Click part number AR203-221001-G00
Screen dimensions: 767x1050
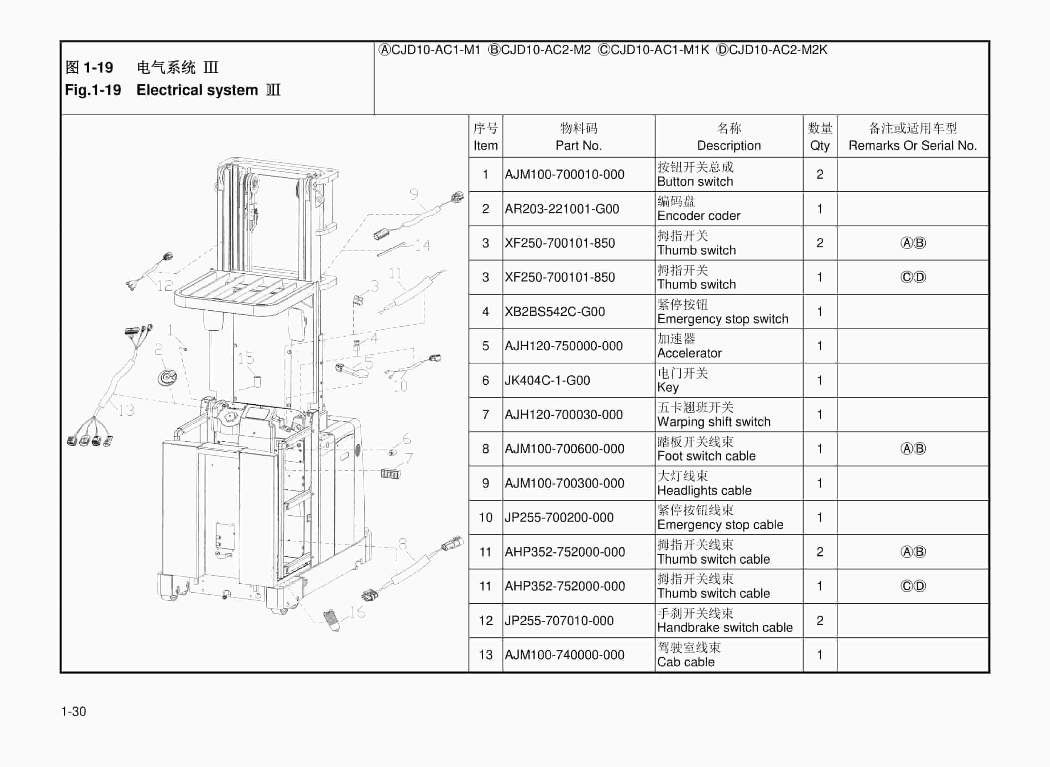pyautogui.click(x=561, y=209)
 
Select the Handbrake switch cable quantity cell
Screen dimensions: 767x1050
pyautogui.click(x=820, y=621)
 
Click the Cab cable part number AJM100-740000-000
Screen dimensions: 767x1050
pyautogui.click(x=564, y=655)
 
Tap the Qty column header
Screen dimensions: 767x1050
pyautogui.click(x=820, y=137)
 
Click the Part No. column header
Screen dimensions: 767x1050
pyautogui.click(x=578, y=137)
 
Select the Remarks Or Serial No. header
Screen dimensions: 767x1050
pyautogui.click(x=913, y=137)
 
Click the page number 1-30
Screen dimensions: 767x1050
pyautogui.click(x=73, y=711)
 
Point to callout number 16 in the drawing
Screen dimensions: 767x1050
pyautogui.click(x=357, y=613)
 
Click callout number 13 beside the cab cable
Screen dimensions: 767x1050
pyautogui.click(x=125, y=410)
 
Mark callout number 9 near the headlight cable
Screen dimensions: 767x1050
pyautogui.click(x=414, y=194)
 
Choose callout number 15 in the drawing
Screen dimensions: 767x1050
pyautogui.click(x=246, y=358)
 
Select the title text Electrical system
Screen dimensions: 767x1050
pyautogui.click(x=197, y=90)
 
